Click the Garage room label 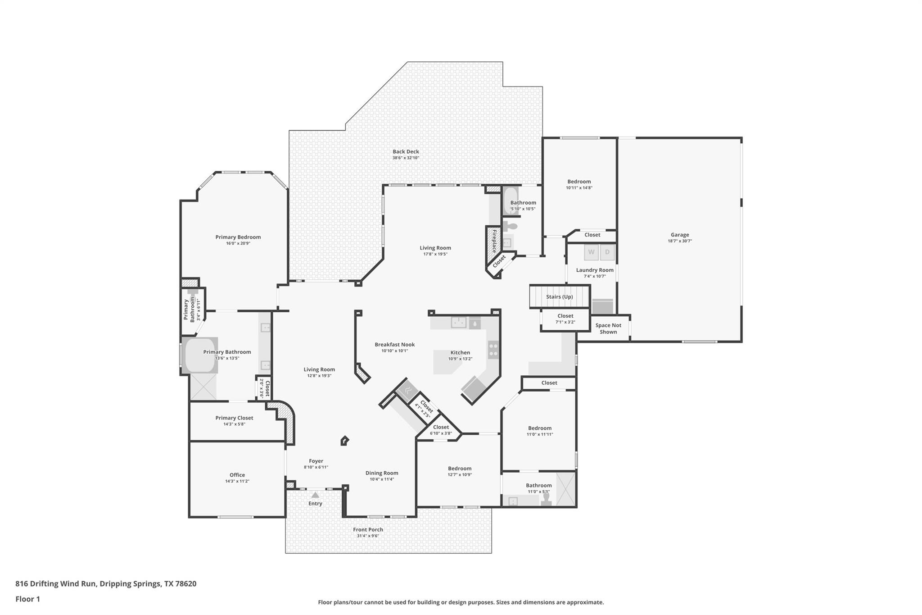coord(679,235)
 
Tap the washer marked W coord(591,252)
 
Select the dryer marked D coord(607,252)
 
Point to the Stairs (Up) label coord(559,297)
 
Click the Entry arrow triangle coord(315,495)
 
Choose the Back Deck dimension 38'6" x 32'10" coord(406,158)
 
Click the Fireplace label coord(494,241)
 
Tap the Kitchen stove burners coord(493,350)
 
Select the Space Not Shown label coord(608,328)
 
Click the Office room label coord(237,475)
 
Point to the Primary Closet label coord(234,418)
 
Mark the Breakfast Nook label coord(395,345)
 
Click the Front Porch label coord(368,530)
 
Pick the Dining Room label coord(382,473)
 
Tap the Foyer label coord(316,461)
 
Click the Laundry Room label coord(595,270)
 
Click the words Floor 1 coord(28,599)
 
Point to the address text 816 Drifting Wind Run coord(56,584)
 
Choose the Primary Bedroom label coord(238,237)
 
